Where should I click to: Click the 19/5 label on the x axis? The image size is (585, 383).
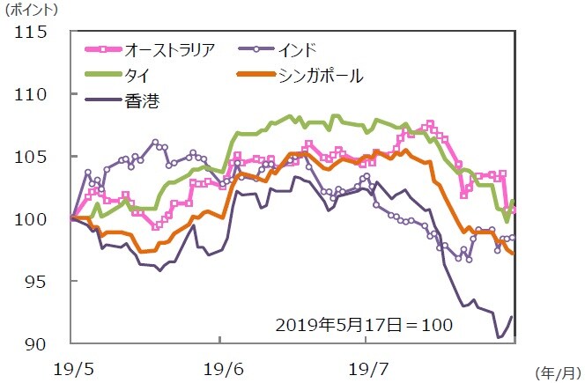pos(73,364)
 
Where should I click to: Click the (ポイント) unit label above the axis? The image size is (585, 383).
pos(36,11)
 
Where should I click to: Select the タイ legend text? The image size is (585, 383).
pos(137,76)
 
